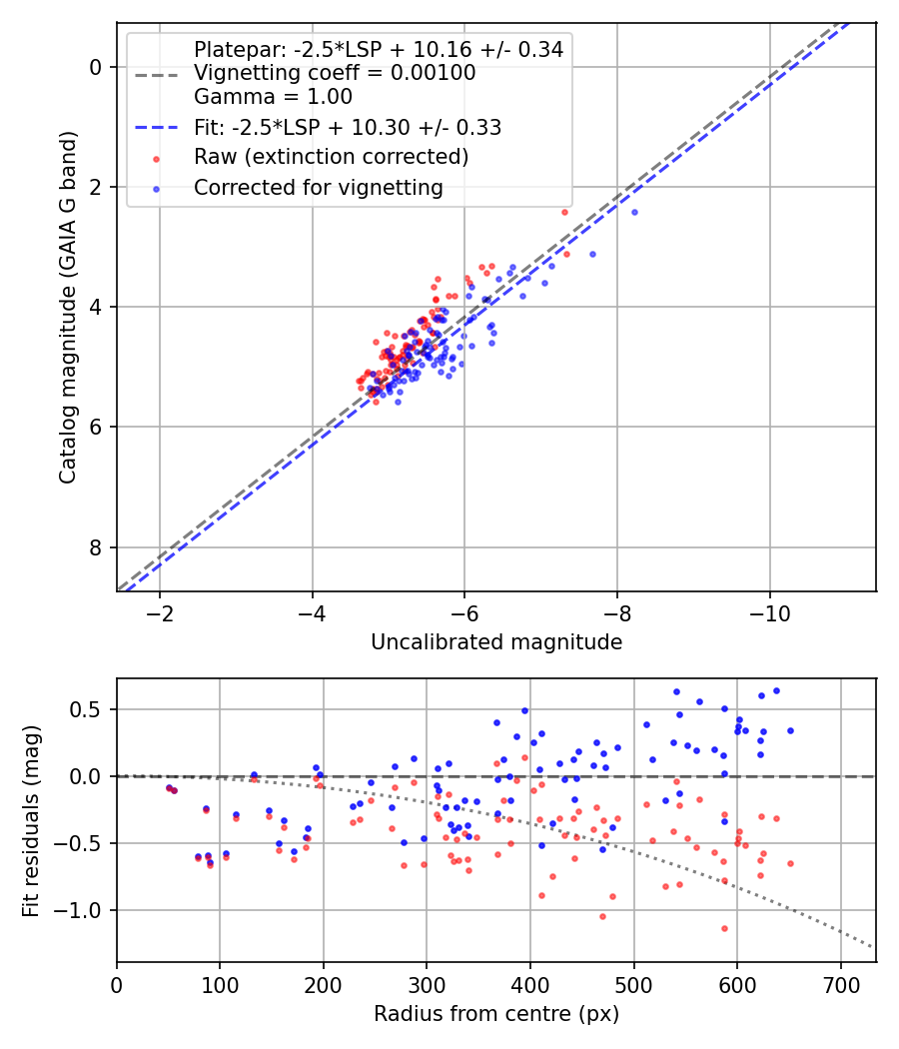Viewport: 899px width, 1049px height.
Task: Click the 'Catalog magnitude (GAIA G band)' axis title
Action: click(x=68, y=307)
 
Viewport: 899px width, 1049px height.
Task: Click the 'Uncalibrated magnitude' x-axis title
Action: click(x=496, y=642)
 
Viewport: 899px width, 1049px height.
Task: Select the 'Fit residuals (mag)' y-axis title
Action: click(x=31, y=821)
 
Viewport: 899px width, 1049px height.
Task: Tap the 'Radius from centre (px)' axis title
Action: click(x=496, y=1014)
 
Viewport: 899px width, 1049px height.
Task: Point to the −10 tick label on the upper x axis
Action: click(x=769, y=613)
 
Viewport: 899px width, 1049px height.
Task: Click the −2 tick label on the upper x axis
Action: click(x=159, y=613)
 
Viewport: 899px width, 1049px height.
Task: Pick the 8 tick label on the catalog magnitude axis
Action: click(x=96, y=547)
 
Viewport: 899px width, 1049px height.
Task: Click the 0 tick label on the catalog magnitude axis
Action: click(x=96, y=67)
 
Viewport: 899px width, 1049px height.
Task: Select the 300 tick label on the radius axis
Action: click(x=427, y=985)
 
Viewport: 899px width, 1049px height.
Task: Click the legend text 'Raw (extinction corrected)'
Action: click(x=331, y=157)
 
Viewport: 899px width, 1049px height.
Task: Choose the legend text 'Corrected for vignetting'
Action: click(x=319, y=188)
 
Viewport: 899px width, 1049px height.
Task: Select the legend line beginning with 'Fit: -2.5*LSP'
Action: click(x=348, y=127)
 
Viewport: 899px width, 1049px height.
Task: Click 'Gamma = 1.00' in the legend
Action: click(x=273, y=97)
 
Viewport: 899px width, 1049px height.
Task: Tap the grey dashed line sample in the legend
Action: click(x=157, y=75)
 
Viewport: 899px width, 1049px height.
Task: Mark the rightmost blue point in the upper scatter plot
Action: click(x=634, y=213)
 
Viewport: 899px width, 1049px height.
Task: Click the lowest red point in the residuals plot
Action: click(x=724, y=928)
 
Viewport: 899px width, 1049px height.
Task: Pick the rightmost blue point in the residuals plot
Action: click(x=790, y=730)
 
